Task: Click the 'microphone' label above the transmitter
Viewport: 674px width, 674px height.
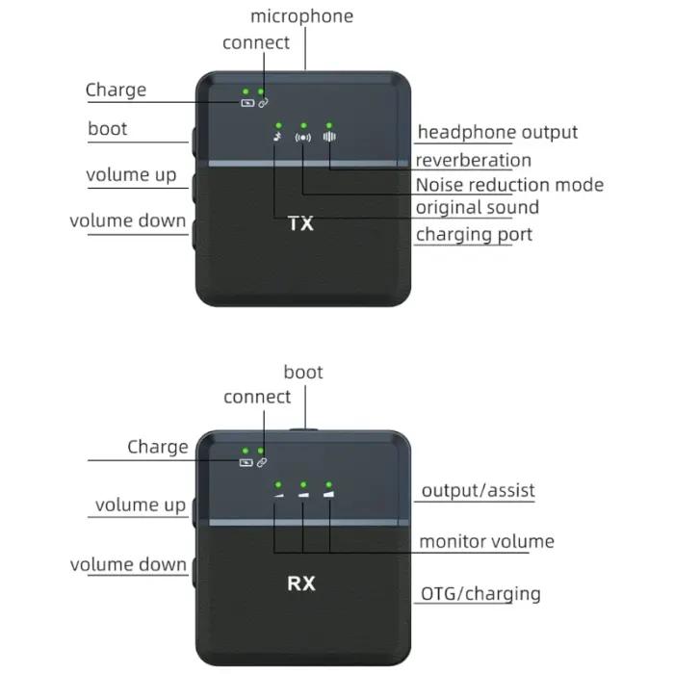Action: coord(301,16)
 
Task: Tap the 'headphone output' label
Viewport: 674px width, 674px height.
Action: coord(498,133)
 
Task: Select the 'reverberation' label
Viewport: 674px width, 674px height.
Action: coord(474,160)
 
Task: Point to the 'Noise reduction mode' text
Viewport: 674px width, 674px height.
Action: coord(509,185)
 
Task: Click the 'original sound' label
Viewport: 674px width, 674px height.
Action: coord(478,207)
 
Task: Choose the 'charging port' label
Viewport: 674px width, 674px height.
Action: coord(474,235)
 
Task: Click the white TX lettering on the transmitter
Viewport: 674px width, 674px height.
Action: coord(300,223)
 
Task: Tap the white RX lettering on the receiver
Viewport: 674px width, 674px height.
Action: coord(300,583)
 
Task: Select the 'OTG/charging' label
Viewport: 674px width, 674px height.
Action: coord(480,594)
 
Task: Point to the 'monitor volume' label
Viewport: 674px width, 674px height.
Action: coord(486,541)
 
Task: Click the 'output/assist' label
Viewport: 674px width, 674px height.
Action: coord(478,490)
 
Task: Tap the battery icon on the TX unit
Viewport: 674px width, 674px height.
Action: coord(247,103)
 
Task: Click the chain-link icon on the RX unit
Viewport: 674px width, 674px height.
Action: coord(262,462)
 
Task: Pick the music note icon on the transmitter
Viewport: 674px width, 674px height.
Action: coord(278,137)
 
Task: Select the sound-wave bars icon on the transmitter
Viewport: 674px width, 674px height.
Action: coord(329,137)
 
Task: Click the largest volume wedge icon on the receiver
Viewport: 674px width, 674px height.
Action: coord(329,494)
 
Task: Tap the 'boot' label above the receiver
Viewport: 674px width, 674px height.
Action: coord(303,373)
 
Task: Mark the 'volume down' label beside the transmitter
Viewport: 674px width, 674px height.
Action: coord(128,220)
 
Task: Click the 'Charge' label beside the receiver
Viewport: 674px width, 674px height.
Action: coord(158,447)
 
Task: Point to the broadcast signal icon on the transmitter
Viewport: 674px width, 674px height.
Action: coord(303,138)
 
